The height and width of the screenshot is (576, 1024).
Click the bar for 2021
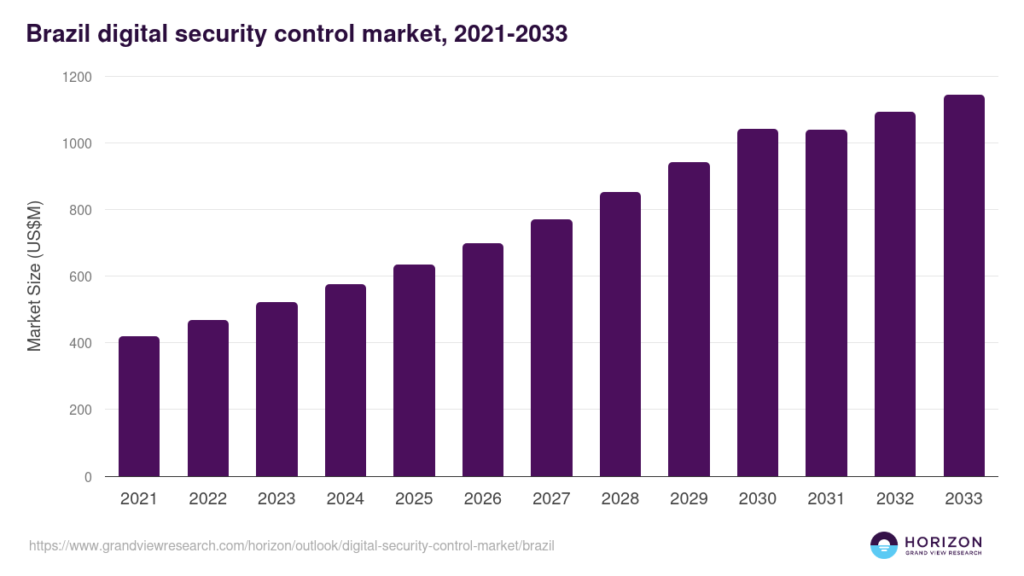(139, 406)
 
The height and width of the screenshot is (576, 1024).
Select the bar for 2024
(346, 381)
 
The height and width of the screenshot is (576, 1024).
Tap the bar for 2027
(551, 348)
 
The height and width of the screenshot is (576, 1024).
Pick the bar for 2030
(758, 303)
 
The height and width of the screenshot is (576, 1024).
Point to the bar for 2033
(963, 286)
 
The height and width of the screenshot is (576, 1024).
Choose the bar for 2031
(826, 303)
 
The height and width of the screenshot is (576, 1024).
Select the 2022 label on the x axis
(207, 499)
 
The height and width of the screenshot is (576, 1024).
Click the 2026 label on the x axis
(483, 499)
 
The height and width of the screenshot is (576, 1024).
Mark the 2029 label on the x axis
(689, 499)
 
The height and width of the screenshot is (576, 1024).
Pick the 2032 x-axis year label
(895, 499)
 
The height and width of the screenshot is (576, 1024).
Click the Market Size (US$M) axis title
(34, 276)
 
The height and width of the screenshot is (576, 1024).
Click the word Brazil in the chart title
(56, 34)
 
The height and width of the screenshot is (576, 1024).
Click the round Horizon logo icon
(884, 545)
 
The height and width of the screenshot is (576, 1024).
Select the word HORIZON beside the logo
(943, 542)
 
